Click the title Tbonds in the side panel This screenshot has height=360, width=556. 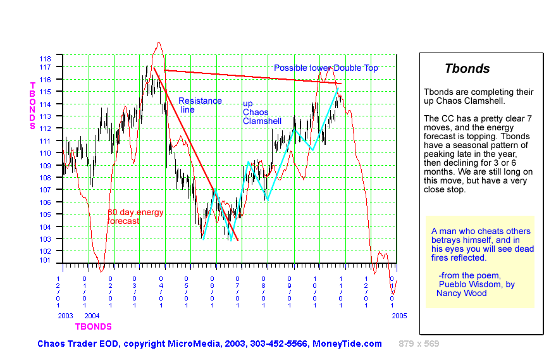coord(467,69)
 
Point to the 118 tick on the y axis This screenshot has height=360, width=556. coord(46,57)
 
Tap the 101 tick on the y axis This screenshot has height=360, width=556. coord(46,260)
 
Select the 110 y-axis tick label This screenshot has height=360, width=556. coord(46,152)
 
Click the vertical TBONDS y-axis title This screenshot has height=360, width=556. coord(32,106)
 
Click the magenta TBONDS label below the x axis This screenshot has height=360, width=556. coord(93,327)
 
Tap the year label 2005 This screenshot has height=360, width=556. coord(398,315)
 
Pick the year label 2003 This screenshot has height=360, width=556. coord(65,315)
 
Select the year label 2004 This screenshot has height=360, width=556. coord(92,315)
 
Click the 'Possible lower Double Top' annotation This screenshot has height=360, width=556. coord(326,68)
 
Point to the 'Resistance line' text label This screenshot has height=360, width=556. coord(200,105)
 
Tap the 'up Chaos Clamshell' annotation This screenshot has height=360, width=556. coord(262,112)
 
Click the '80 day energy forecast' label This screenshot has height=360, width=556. coord(135,216)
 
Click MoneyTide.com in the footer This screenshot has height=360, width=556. coord(347,344)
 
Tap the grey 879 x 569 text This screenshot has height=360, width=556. coord(419,344)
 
